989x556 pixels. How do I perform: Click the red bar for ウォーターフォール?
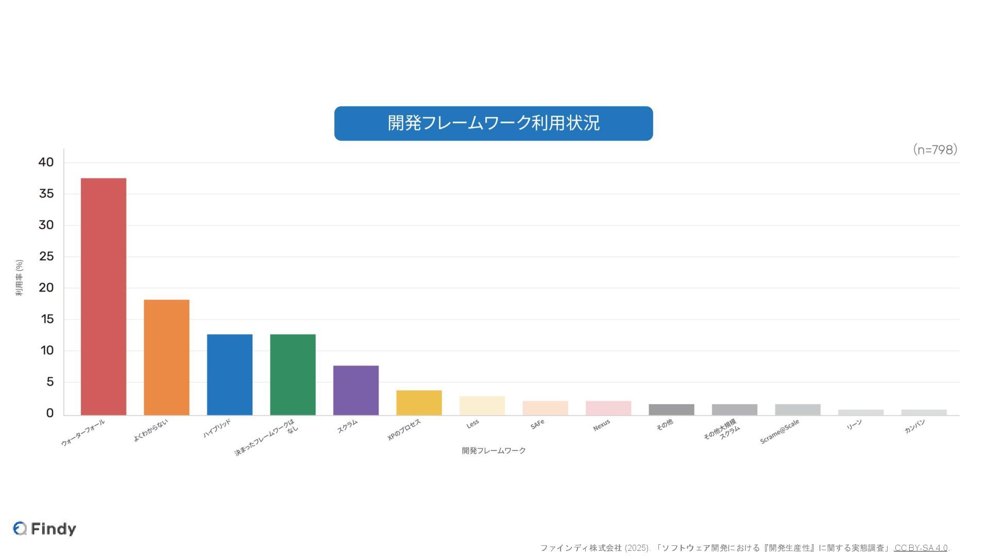point(104,297)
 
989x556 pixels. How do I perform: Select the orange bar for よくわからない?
point(166,357)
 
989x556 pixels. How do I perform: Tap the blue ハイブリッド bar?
point(230,374)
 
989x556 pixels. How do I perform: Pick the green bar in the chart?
point(293,374)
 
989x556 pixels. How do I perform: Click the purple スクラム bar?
point(356,390)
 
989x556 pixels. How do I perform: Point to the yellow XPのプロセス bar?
point(419,403)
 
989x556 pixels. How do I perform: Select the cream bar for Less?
point(482,406)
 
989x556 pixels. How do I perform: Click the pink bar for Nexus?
point(608,408)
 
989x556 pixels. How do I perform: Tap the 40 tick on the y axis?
point(46,162)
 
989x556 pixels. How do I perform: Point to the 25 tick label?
point(46,256)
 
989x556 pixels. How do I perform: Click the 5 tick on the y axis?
point(49,382)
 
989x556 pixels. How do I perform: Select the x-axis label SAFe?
point(537,425)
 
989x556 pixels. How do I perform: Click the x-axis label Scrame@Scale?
point(779,431)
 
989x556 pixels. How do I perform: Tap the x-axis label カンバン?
point(915,426)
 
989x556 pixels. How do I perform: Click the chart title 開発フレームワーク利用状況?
point(493,124)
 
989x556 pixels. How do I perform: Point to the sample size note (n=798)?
point(935,150)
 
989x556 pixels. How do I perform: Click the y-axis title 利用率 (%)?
point(19,277)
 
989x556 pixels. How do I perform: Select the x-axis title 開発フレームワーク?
point(493,450)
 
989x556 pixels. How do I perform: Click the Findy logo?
point(45,529)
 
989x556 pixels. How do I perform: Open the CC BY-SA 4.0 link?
point(920,548)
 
